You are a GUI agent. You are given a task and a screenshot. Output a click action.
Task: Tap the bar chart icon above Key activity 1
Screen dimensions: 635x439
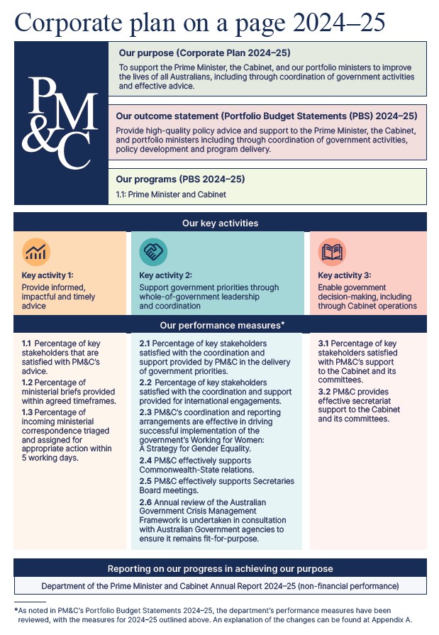[35, 250]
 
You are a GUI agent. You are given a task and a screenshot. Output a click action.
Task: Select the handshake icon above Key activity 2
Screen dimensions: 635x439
[152, 250]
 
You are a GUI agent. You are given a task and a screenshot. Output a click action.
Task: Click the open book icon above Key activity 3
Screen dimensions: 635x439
[331, 250]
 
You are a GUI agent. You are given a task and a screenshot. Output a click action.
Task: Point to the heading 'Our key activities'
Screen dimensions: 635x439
[220, 223]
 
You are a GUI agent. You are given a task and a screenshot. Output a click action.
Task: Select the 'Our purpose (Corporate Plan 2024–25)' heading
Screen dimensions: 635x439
[204, 53]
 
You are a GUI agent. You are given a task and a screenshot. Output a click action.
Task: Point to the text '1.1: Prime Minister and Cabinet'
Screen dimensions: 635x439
[171, 194]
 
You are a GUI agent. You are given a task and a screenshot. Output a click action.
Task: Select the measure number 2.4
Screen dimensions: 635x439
[145, 460]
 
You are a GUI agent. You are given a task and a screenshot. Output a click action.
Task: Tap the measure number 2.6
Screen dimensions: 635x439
[145, 502]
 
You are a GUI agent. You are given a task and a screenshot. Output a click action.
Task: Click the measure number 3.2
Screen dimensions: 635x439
[324, 391]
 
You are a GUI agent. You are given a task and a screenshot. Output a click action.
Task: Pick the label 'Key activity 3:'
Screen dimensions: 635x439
[343, 275]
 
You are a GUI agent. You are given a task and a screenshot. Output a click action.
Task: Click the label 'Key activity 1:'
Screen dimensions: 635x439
[47, 275]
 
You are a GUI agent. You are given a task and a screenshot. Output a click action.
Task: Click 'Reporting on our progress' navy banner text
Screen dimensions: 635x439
[220, 569]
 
